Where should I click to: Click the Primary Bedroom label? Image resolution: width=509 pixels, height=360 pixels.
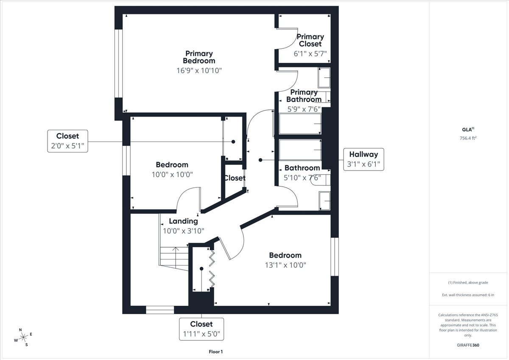(x=199, y=57)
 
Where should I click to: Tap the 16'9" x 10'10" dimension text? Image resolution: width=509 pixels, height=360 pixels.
(x=199, y=70)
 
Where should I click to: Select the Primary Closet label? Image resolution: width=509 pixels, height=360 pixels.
(x=310, y=40)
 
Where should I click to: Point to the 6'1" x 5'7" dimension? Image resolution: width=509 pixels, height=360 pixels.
(x=310, y=53)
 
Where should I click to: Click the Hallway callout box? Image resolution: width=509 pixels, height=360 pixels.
(x=364, y=159)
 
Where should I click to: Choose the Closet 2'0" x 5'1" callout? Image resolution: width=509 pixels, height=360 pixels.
(x=67, y=141)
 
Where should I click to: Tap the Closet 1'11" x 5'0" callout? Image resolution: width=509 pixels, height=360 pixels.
(x=201, y=329)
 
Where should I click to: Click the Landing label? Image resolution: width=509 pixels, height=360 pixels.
(x=183, y=221)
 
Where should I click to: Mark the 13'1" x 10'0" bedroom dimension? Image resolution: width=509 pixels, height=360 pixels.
(x=285, y=265)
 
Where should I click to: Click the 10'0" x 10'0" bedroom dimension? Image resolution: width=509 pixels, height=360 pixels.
(x=172, y=174)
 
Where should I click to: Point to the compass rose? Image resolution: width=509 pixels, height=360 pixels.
(x=23, y=337)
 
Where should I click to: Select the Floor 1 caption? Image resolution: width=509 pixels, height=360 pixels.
(x=215, y=352)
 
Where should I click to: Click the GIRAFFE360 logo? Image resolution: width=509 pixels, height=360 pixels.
(x=468, y=345)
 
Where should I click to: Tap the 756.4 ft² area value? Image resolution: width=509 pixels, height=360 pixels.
(x=468, y=138)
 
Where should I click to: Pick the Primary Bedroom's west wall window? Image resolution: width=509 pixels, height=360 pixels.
(x=119, y=64)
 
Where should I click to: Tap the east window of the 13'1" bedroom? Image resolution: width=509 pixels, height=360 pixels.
(x=335, y=257)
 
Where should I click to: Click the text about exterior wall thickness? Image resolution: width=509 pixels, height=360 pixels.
(x=468, y=295)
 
